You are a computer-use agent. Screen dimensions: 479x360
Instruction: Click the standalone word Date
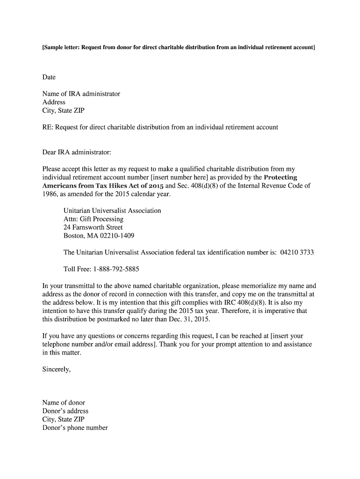(x=49, y=77)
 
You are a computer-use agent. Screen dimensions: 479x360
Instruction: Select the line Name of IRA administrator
(x=81, y=94)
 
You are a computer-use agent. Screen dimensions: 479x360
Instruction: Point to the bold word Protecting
(x=281, y=177)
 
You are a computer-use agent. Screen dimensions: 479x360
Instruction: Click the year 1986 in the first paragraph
(x=50, y=194)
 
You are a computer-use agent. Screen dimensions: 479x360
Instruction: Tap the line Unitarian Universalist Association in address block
(x=112, y=211)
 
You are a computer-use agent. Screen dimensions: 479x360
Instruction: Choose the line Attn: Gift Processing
(x=94, y=219)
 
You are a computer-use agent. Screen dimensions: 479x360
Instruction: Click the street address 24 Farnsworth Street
(x=93, y=228)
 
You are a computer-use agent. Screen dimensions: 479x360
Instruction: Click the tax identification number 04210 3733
(x=297, y=253)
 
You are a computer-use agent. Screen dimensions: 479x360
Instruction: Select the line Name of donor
(x=64, y=403)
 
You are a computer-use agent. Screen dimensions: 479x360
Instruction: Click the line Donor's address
(x=65, y=411)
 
